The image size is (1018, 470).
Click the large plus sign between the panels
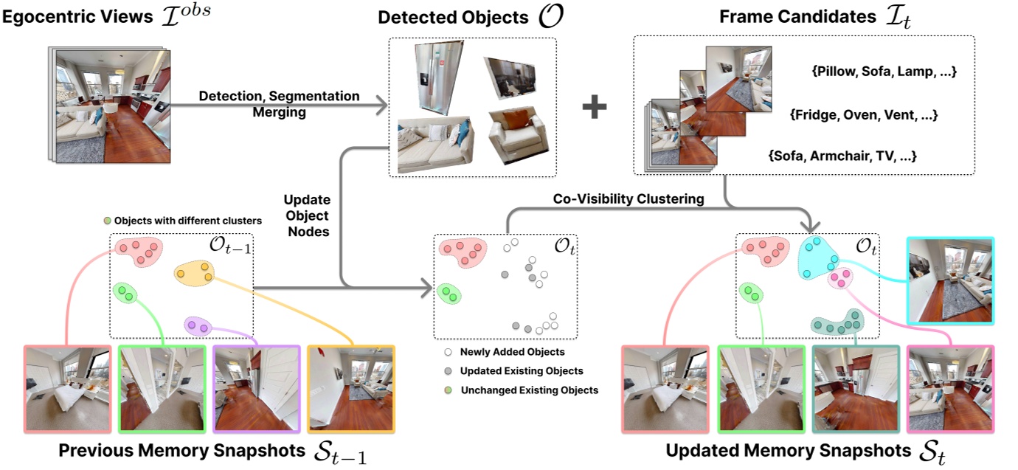pos(595,108)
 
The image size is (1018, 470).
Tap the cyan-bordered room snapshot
pos(951,280)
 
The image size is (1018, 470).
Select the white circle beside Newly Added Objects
pos(448,352)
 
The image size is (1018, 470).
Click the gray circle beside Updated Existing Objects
pos(448,370)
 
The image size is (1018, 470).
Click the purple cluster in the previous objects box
pos(198,325)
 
